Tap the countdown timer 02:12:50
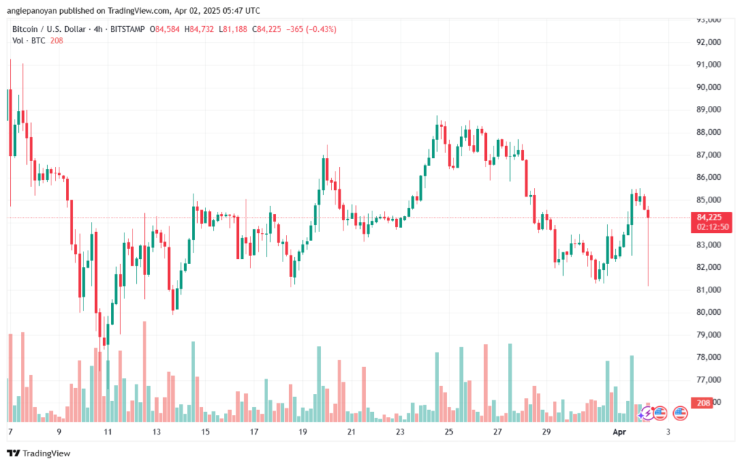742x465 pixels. pos(713,226)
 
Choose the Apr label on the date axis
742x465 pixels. pos(618,431)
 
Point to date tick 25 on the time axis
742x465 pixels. pos(449,431)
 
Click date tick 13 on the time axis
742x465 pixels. pos(156,431)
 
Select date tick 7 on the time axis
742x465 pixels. pos(10,431)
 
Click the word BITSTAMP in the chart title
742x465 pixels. pos(125,29)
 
